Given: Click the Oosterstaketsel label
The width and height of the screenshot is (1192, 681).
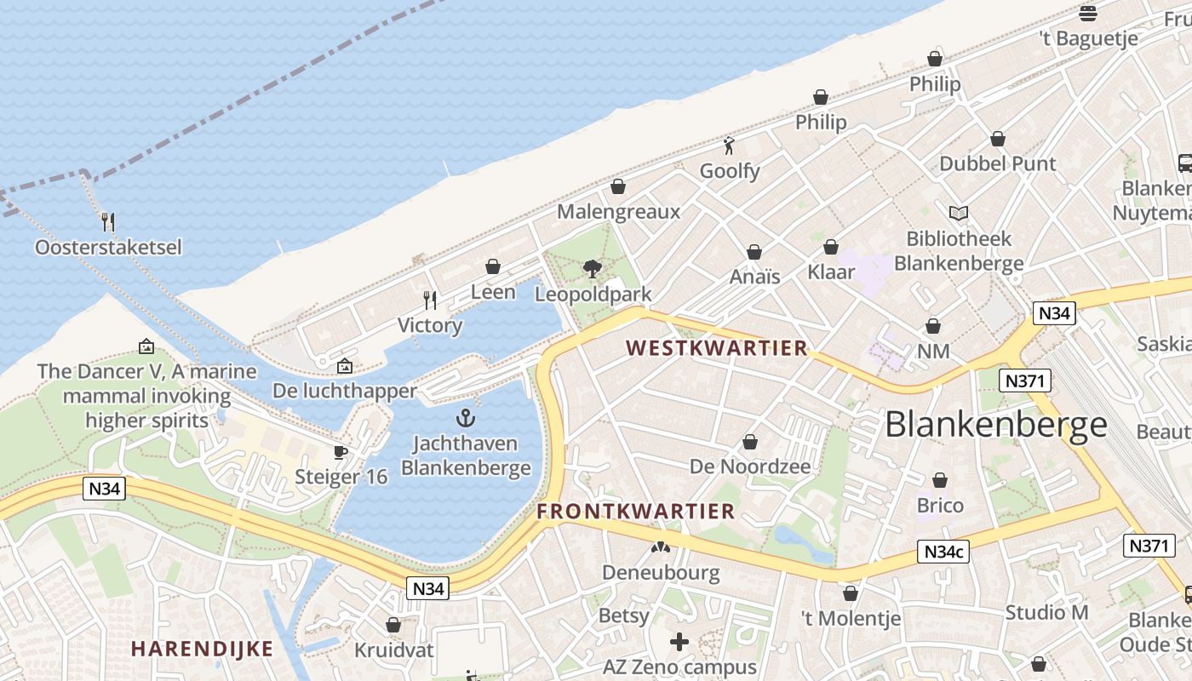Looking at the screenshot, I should click(108, 248).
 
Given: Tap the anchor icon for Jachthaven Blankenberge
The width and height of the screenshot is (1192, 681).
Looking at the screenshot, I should click(465, 418).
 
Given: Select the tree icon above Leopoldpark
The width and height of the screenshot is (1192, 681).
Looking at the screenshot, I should click(593, 269).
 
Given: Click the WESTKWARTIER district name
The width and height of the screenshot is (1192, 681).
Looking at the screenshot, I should click(716, 348).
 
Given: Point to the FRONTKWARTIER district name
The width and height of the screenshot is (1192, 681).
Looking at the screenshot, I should click(635, 511).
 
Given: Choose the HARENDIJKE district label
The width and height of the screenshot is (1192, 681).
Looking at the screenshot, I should click(203, 649).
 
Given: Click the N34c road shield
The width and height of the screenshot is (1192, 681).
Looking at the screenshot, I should click(944, 552).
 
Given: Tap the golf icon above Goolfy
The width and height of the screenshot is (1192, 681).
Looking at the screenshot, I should click(729, 146).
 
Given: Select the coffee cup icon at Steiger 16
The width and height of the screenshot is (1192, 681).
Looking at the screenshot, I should click(341, 452).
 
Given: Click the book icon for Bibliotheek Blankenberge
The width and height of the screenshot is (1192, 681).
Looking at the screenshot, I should click(959, 213).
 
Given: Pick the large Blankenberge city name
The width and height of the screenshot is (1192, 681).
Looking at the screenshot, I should click(996, 424).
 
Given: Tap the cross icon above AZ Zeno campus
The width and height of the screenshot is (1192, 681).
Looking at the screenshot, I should click(679, 642).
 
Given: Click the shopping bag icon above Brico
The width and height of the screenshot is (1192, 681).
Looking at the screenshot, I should click(940, 481).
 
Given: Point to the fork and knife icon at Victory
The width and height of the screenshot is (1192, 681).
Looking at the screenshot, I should click(430, 300).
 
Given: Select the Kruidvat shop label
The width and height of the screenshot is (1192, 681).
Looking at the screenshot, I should click(393, 650).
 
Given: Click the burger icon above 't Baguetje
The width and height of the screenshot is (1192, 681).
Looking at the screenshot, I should click(1087, 13).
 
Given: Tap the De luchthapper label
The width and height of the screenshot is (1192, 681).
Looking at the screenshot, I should click(345, 391).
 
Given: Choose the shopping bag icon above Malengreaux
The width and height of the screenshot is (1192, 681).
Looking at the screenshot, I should click(618, 186).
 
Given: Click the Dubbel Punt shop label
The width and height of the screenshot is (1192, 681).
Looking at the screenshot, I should click(997, 163).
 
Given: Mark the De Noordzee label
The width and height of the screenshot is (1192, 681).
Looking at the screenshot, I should click(750, 466).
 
